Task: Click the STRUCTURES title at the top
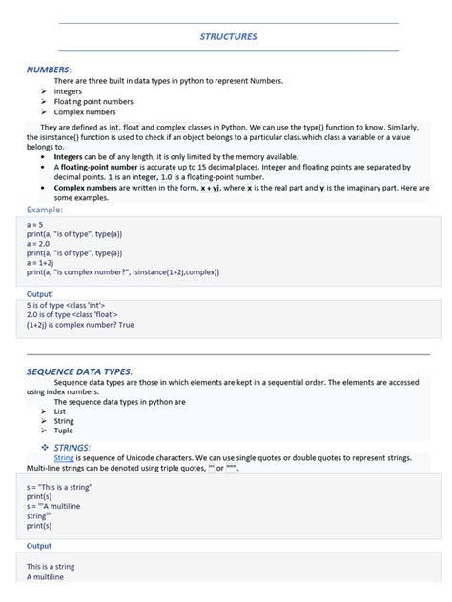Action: pyautogui.click(x=228, y=36)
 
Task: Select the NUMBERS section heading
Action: pyautogui.click(x=48, y=70)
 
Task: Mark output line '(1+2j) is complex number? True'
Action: pyautogui.click(x=80, y=324)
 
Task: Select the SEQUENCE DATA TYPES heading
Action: pyautogui.click(x=79, y=371)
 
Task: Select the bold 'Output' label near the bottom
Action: pyautogui.click(x=39, y=546)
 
